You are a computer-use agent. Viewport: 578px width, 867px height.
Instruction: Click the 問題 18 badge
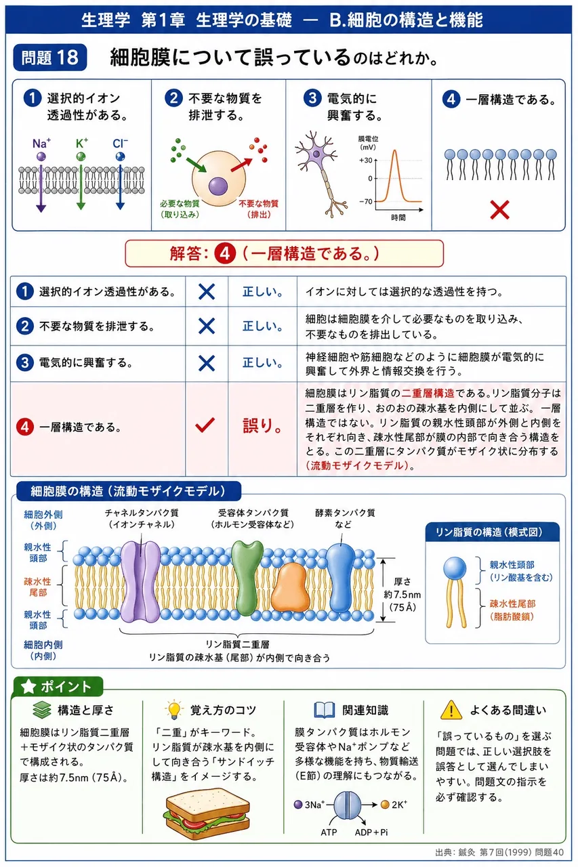click(50, 58)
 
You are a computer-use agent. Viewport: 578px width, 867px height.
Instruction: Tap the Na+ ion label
click(41, 144)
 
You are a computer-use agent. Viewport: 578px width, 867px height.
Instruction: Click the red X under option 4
click(499, 209)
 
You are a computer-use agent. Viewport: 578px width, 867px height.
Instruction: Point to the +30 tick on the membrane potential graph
click(366, 160)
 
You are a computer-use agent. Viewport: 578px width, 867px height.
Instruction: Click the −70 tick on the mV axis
click(366, 201)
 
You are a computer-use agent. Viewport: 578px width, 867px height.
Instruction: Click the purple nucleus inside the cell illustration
click(218, 186)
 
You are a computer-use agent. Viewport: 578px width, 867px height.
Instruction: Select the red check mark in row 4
click(205, 425)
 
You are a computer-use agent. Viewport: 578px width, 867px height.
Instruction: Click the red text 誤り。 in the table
click(262, 425)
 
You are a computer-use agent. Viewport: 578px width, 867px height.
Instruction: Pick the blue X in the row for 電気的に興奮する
click(207, 363)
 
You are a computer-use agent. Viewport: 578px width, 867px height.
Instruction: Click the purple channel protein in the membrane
click(140, 581)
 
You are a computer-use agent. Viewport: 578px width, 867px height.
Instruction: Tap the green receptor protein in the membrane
click(247, 577)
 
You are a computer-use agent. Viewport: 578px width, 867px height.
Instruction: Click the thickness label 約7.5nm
click(402, 594)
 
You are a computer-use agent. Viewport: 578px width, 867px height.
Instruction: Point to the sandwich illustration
click(208, 813)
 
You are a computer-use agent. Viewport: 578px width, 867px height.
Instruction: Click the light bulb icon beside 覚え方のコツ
click(174, 709)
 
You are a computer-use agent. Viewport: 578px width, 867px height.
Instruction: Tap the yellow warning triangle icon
click(451, 709)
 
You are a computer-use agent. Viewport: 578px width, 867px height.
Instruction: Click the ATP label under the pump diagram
click(329, 832)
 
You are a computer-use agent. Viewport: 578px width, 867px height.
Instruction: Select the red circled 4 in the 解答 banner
click(225, 253)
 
